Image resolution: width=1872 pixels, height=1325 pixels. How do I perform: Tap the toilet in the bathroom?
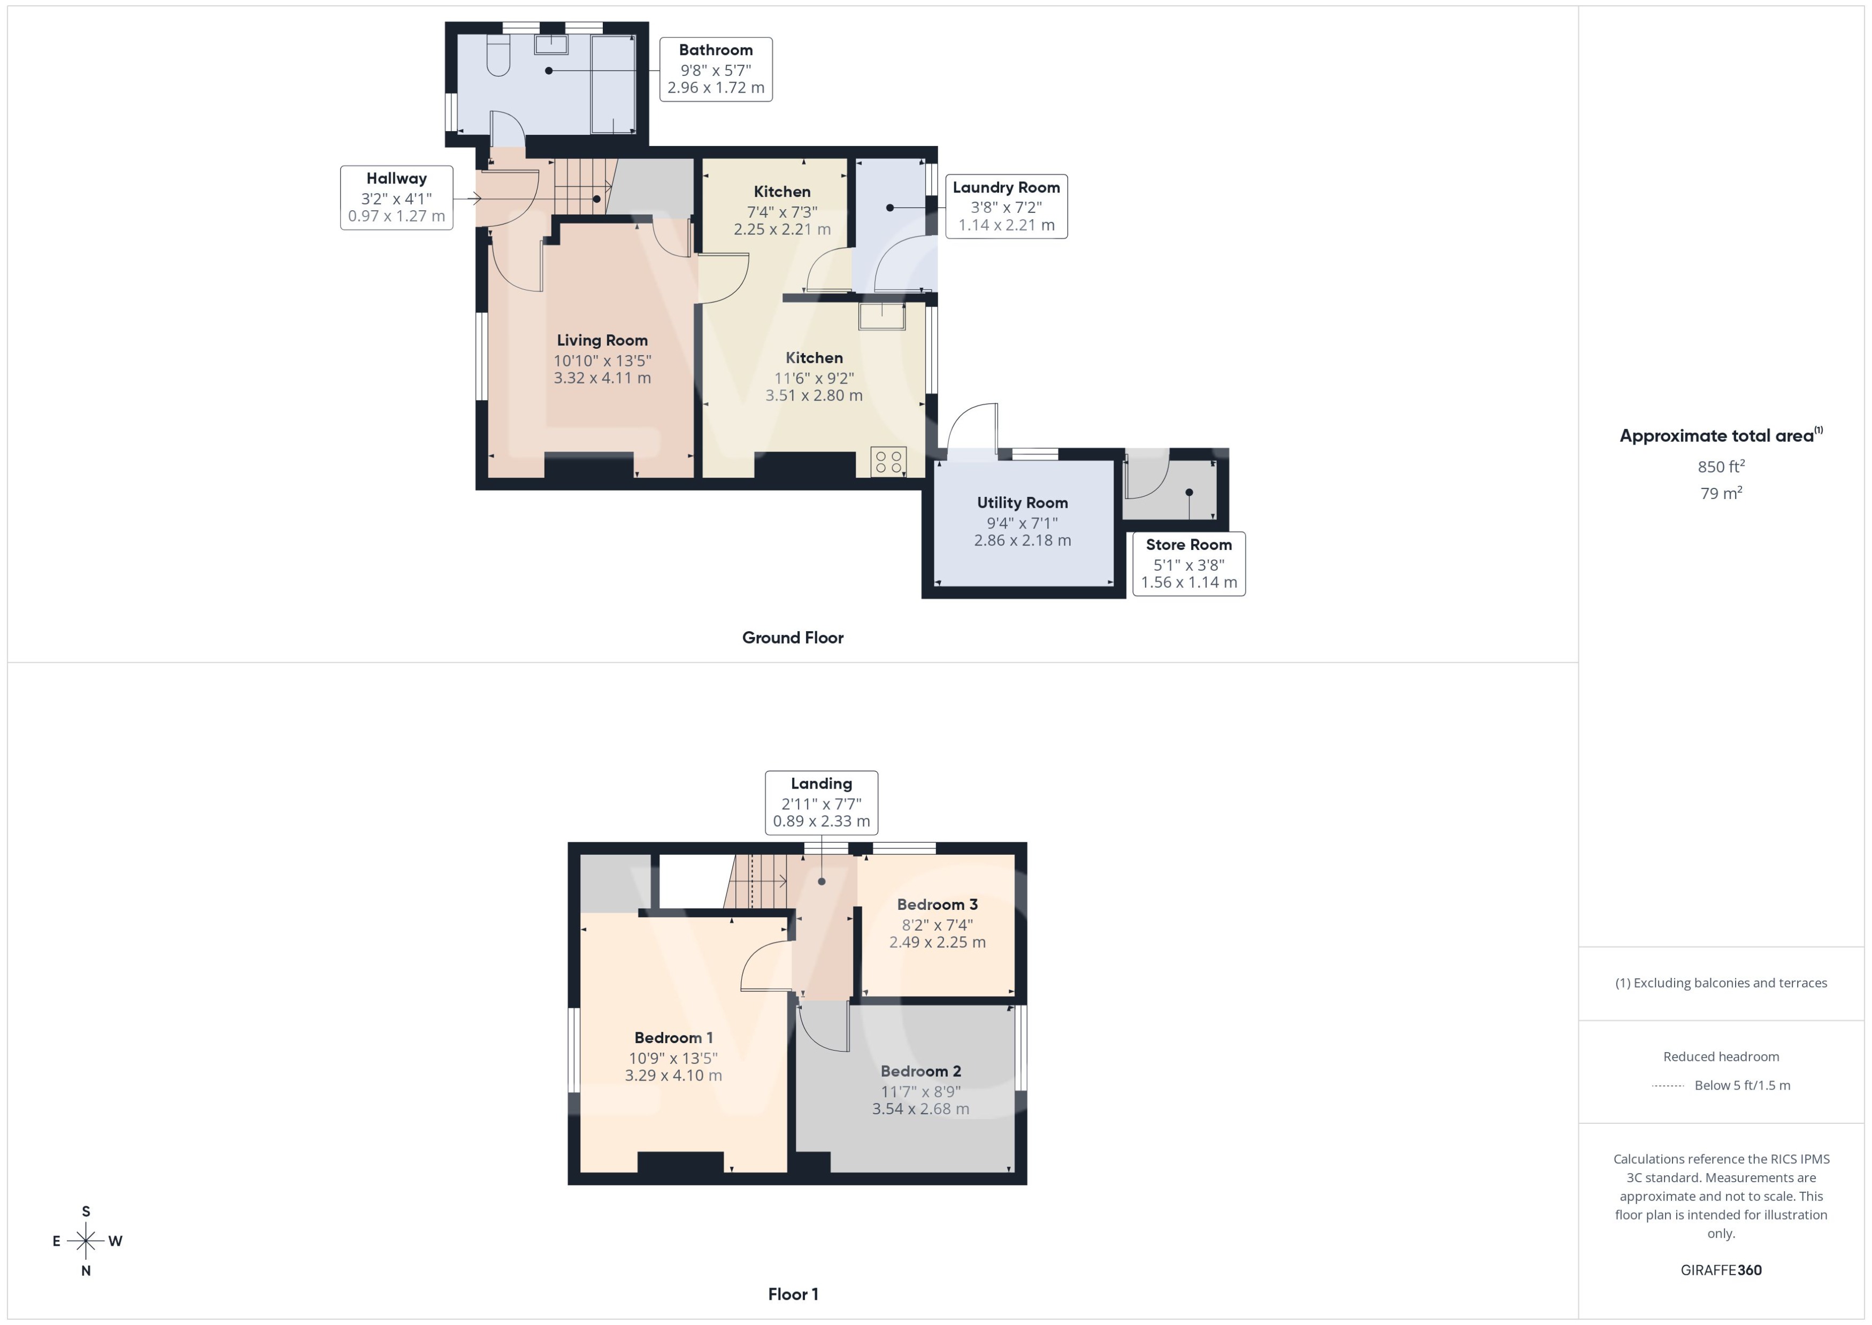[497, 57]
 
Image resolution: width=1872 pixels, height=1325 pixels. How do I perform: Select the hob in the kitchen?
[888, 462]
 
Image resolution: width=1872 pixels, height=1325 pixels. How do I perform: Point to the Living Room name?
[602, 340]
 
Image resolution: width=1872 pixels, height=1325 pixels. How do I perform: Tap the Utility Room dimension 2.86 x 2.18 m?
[1022, 540]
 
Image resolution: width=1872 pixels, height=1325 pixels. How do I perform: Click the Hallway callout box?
[396, 197]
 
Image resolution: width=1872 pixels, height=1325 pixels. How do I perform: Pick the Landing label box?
[822, 802]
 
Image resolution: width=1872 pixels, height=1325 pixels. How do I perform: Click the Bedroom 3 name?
[937, 904]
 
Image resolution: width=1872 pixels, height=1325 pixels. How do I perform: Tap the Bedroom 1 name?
[674, 1038]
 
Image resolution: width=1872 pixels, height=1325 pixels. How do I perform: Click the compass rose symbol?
[86, 1241]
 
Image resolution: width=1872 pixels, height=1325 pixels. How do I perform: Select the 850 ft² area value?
[1721, 466]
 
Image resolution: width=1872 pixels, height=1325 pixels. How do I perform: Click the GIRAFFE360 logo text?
[1721, 1270]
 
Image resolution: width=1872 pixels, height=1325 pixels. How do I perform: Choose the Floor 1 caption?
[792, 1294]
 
